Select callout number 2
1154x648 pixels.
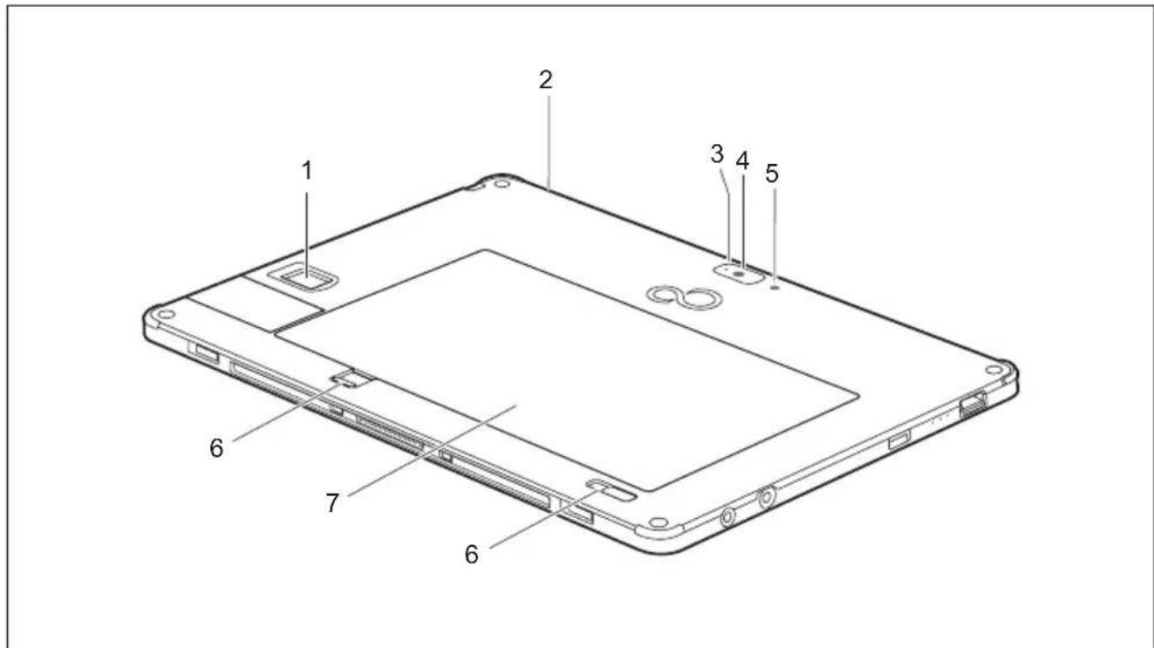[545, 80]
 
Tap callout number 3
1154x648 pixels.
[717, 154]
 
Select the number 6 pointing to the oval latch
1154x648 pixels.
[471, 554]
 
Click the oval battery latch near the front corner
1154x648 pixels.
[613, 492]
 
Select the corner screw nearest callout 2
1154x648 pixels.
[500, 184]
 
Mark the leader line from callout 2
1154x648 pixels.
[547, 140]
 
